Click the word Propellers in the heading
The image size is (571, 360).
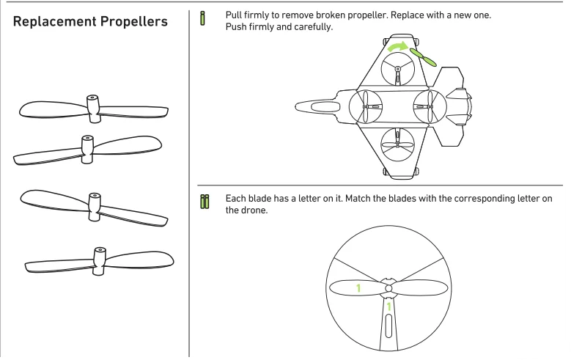tap(139, 22)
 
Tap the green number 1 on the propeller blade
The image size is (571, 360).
tap(358, 288)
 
